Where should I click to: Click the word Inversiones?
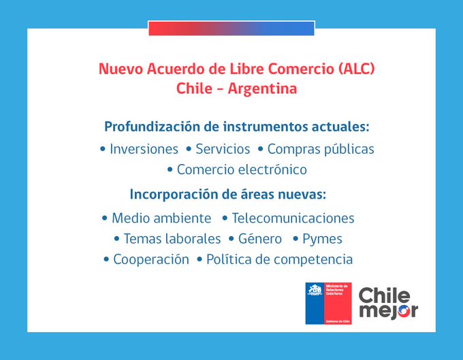point(144,149)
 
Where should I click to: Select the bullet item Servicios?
point(223,149)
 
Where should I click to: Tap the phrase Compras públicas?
point(321,149)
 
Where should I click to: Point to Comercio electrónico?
point(242,169)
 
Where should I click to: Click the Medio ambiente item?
point(161,218)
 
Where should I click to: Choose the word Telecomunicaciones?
point(293,218)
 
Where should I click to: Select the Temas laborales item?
point(172,239)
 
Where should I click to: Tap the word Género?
point(259,239)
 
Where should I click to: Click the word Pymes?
point(322,239)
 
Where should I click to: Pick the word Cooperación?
point(151,259)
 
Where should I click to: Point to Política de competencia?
point(279,259)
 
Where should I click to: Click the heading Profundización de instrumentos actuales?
point(237,127)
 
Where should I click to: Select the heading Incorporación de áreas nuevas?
point(228,194)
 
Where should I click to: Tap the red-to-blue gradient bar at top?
point(231,28)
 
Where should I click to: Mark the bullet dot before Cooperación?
point(106,260)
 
